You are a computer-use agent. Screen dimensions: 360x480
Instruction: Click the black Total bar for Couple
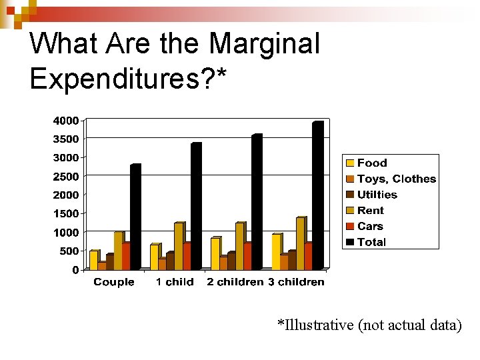point(135,217)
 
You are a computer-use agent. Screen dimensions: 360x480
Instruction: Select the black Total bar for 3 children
point(317,196)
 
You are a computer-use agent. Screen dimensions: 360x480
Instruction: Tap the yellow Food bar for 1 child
point(155,257)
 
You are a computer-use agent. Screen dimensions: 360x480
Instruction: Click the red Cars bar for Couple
point(126,256)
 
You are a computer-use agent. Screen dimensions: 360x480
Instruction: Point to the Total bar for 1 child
point(196,207)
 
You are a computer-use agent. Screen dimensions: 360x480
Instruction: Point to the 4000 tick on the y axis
point(66,121)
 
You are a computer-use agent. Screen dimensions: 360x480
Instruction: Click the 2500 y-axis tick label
point(66,177)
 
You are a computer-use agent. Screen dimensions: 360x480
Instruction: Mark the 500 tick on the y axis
point(69,251)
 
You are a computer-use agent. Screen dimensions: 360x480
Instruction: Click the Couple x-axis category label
point(114,282)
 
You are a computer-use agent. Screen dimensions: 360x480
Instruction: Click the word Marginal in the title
point(265,45)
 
